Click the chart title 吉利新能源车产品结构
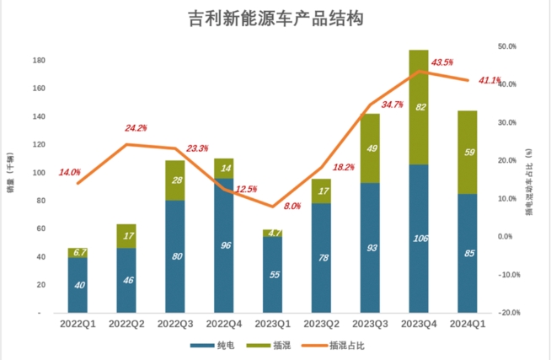[x=275, y=18]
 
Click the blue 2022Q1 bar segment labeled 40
[x=78, y=285]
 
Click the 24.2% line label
[x=136, y=128]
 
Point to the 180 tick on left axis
[x=39, y=61]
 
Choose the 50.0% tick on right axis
[x=507, y=46]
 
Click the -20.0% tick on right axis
[x=507, y=313]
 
